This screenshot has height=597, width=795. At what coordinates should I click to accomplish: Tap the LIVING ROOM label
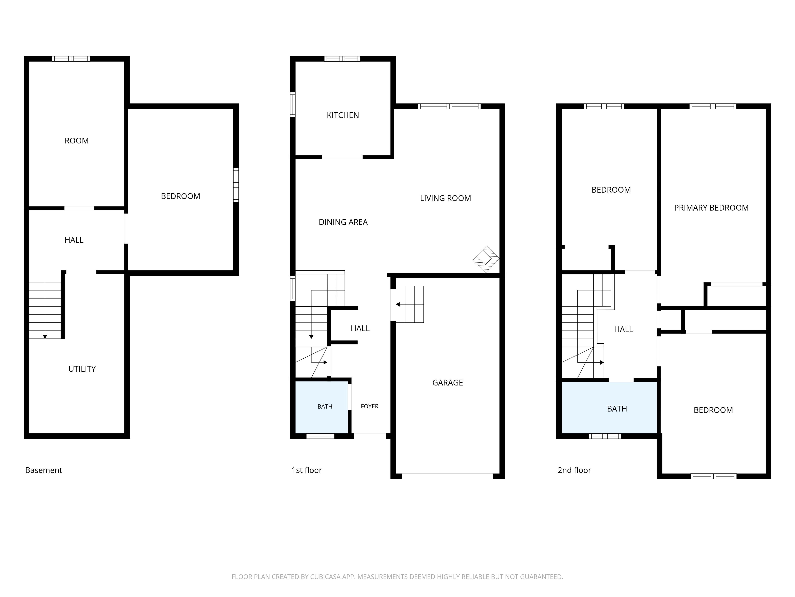445,198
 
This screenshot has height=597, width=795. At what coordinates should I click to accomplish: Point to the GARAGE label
447,382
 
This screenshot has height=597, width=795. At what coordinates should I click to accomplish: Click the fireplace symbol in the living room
486,259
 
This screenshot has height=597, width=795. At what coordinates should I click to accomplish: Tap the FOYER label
370,406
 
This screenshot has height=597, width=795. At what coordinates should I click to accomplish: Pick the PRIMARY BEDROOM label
711,208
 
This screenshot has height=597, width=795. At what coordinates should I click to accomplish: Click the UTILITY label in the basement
82,369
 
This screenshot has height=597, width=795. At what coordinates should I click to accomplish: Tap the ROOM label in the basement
77,141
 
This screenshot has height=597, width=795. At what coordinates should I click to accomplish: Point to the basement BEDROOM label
180,196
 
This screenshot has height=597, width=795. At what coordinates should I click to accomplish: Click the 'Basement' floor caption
43,470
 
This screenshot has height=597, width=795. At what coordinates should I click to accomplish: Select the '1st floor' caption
307,470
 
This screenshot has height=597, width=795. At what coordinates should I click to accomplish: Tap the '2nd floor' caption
574,470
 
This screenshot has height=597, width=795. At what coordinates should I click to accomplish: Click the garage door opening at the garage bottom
447,476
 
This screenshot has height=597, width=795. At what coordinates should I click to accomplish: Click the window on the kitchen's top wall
342,59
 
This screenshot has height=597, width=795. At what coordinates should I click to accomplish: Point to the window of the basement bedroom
236,185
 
